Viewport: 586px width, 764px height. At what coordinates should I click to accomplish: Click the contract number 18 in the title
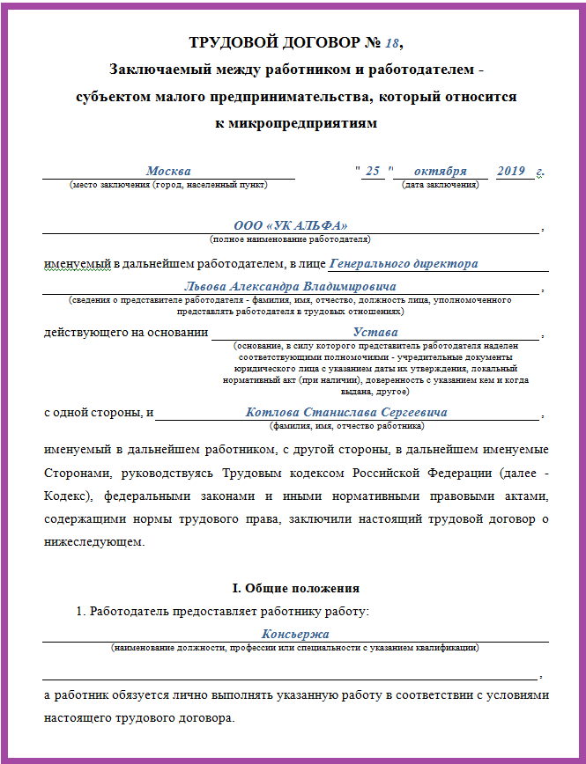coord(395,42)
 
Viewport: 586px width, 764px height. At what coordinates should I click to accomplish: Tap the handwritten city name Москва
coord(168,171)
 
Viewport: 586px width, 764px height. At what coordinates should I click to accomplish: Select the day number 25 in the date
coord(373,171)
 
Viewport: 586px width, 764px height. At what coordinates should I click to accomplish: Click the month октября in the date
coord(440,171)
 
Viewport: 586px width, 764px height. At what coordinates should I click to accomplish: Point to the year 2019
coord(511,171)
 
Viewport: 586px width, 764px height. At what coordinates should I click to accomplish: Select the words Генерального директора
coord(403,263)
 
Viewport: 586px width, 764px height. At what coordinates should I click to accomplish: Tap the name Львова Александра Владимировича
coord(290,287)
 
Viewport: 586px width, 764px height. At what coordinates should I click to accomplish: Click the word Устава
coord(375,333)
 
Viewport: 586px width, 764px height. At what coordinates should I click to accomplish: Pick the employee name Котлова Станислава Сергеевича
coord(346,412)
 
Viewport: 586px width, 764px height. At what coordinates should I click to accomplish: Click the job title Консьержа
coord(295,634)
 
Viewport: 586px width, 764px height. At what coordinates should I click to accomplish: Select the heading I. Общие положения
coord(295,588)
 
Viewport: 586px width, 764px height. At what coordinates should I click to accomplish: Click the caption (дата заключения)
coord(440,184)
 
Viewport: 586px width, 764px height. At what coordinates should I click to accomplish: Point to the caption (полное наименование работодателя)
coord(290,239)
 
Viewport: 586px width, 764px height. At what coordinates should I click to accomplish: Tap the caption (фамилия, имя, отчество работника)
coord(347,425)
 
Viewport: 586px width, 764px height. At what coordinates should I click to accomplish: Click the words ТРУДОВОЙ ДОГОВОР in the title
coord(263,42)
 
